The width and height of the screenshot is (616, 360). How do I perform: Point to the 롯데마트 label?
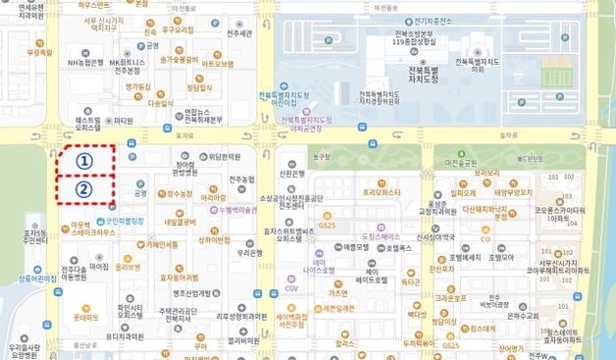coord(86,318)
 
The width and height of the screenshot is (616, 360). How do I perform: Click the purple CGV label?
coord(291,289)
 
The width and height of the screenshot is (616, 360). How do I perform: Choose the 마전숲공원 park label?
coord(459,163)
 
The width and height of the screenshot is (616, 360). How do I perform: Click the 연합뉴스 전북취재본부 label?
coord(203,116)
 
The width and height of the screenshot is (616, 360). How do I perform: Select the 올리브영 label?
coord(127,266)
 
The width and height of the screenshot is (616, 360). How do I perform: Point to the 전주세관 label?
coord(239,34)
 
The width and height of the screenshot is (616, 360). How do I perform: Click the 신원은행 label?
coord(293,174)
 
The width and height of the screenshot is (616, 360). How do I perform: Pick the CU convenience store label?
coord(485,238)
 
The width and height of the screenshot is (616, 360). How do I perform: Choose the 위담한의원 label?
coord(224,156)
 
